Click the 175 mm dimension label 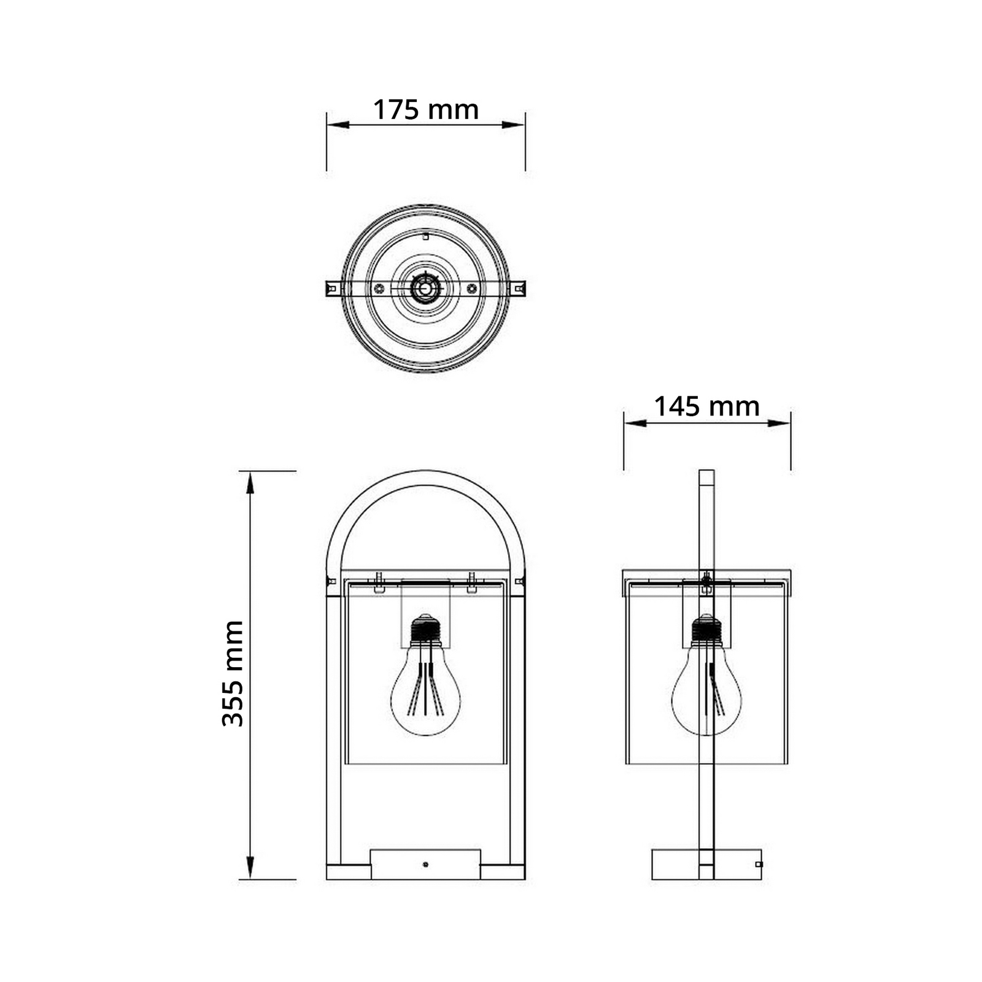[426, 110]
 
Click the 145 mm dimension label [706, 406]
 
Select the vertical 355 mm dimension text [233, 673]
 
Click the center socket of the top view [425, 288]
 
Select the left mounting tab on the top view [333, 288]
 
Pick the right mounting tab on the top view [517, 288]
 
